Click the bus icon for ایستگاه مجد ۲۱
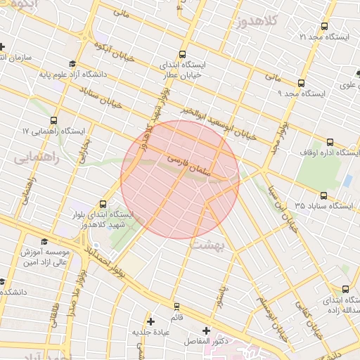point(323,26)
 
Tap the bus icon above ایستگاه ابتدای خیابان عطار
point(183,54)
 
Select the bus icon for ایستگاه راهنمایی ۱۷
point(54,121)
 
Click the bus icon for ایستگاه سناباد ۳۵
point(323,196)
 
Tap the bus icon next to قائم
point(176,307)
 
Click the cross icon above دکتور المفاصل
point(205,330)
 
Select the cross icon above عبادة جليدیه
point(150,321)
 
